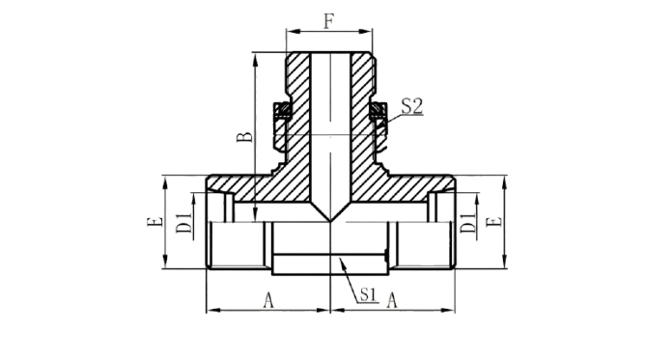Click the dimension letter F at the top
[328, 21]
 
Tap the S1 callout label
[369, 294]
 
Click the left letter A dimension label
[268, 300]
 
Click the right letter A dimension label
[392, 300]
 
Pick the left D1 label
[183, 223]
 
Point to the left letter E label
[154, 222]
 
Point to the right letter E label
[494, 222]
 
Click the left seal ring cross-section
[283, 110]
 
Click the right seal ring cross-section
[379, 110]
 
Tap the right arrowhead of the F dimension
[366, 31]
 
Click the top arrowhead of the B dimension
[256, 59]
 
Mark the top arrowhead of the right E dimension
[505, 181]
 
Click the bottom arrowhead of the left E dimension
[165, 263]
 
